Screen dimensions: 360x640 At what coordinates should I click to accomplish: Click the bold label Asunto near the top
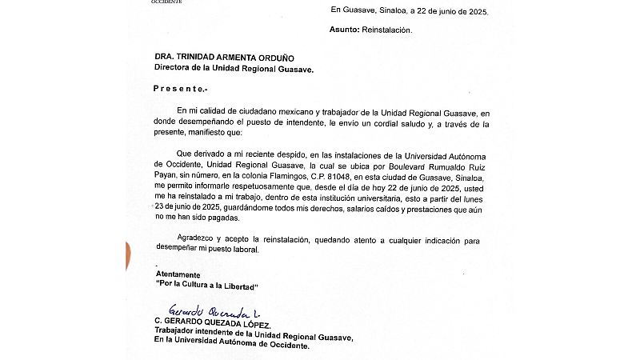pyautogui.click(x=347, y=30)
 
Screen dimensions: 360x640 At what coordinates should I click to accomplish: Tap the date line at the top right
pyautogui.click(x=409, y=11)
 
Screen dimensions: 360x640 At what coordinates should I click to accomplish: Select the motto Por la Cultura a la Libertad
pyautogui.click(x=207, y=286)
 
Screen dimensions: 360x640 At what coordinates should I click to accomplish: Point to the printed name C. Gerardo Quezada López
pyautogui.click(x=213, y=323)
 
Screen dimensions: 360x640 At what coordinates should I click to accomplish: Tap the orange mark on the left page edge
pyautogui.click(x=128, y=254)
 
